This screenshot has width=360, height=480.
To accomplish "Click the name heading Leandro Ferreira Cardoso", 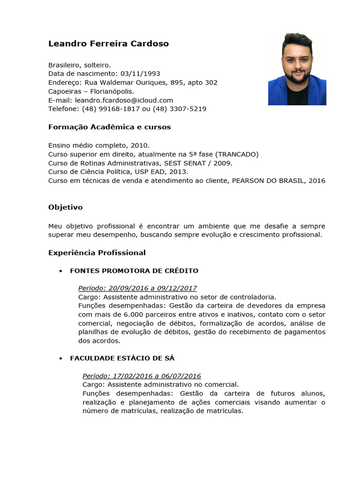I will [108, 44].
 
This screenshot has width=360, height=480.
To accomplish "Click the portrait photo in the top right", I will [297, 69].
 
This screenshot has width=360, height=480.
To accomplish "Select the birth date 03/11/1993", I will [140, 74].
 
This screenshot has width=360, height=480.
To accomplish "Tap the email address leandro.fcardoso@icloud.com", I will [124, 100].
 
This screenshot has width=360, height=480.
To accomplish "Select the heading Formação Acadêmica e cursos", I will [109, 127].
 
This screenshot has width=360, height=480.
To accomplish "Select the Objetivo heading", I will [65, 207].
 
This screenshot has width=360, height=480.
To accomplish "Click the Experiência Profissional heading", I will [97, 253].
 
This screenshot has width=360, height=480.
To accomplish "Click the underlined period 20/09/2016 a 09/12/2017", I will [137, 288].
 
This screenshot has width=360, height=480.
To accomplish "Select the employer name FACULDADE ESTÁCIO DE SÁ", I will [122, 358].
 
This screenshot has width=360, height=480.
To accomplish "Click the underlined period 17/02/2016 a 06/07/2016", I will [142, 376].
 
